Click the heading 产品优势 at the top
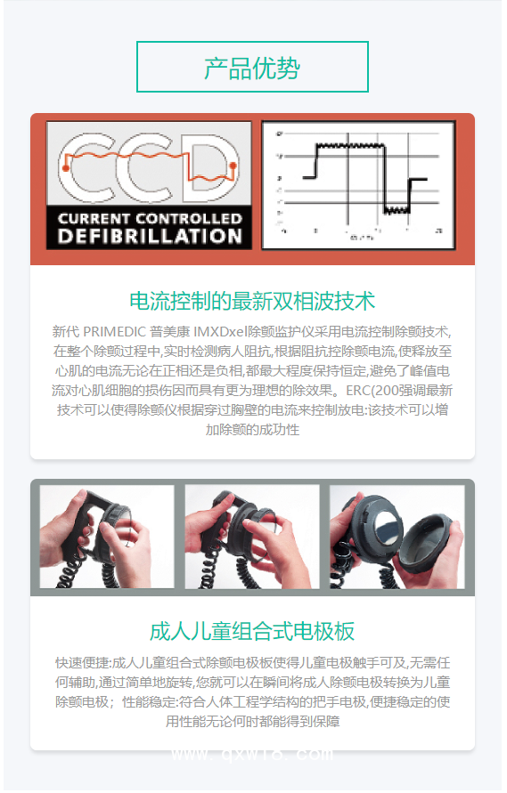click(x=252, y=68)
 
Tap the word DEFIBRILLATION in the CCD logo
click(x=149, y=236)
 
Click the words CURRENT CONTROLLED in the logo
click(x=149, y=218)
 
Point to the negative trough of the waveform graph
click(x=396, y=210)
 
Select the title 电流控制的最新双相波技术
click(x=252, y=300)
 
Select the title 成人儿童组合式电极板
click(x=252, y=632)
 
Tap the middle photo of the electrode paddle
click(x=252, y=537)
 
